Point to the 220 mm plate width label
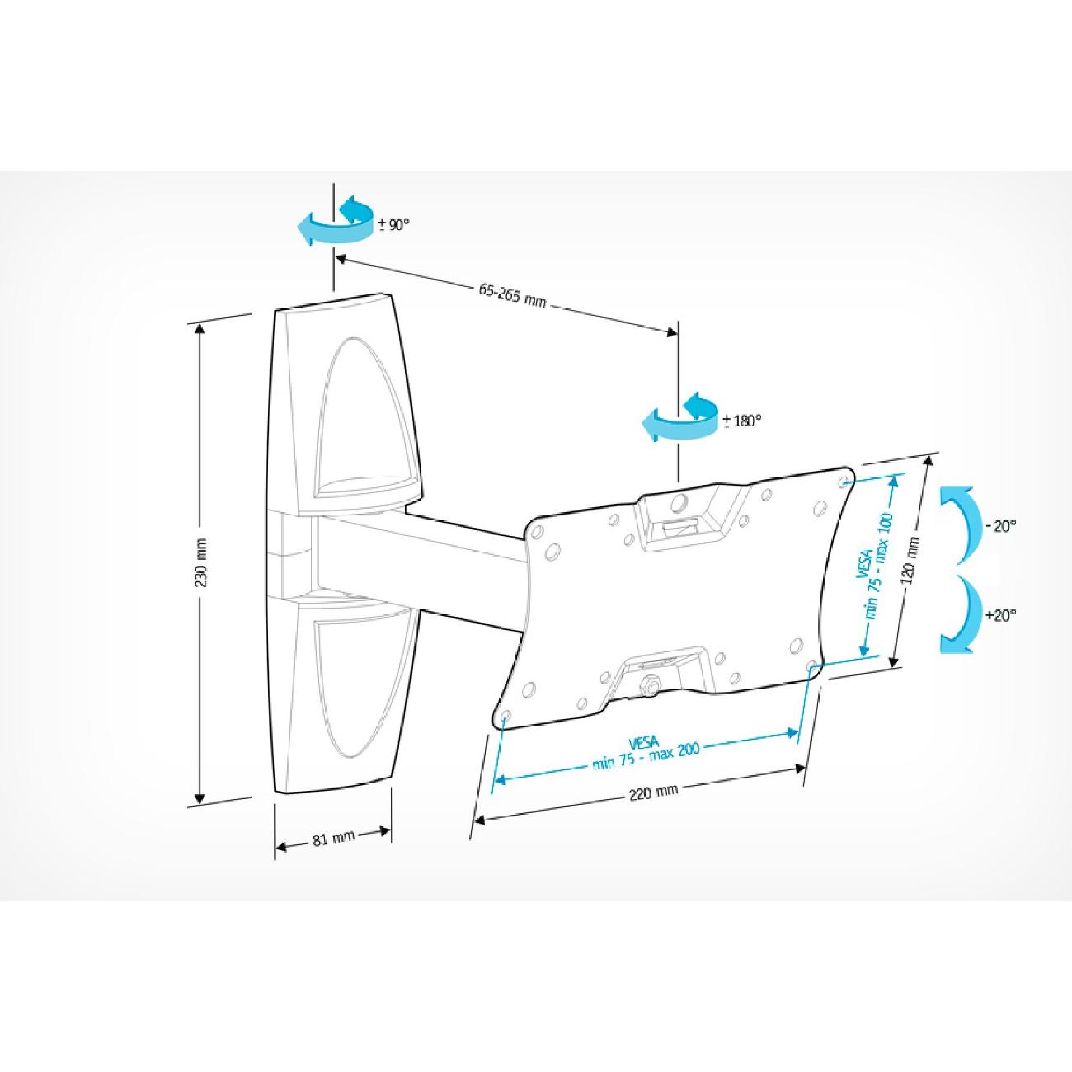654,791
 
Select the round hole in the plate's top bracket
679,502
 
